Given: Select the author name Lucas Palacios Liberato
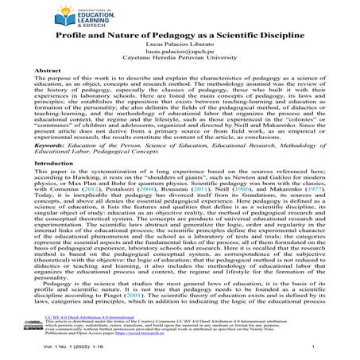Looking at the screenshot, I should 180,47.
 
